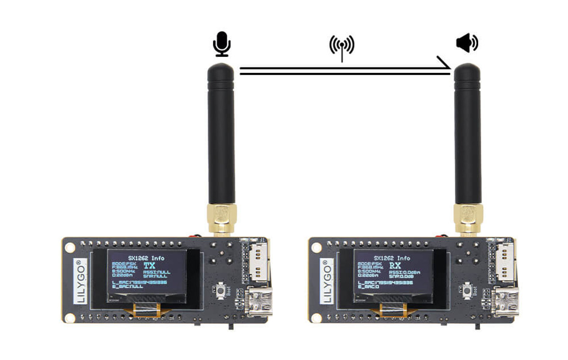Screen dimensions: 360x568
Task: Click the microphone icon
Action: pos(221,44)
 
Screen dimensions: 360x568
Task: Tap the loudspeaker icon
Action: pos(467,44)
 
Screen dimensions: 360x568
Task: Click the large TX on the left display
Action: pos(149,266)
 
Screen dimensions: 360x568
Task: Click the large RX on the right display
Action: pos(395,266)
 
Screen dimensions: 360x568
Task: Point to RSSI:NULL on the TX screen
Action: pos(157,273)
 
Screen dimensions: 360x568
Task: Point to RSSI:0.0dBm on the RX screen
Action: pos(405,273)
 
